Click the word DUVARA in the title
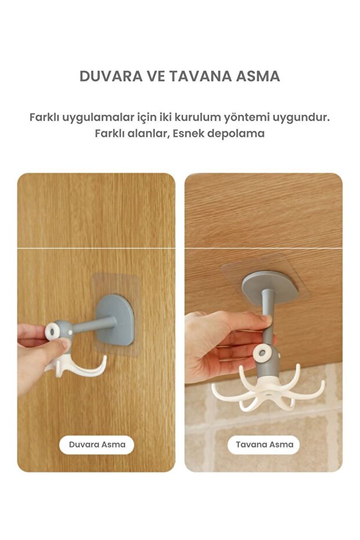tap(111, 76)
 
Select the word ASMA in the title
tap(258, 76)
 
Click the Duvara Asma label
tap(97, 445)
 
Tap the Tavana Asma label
tap(264, 445)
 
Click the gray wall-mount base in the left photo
tap(116, 320)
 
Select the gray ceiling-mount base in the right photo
tap(269, 288)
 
